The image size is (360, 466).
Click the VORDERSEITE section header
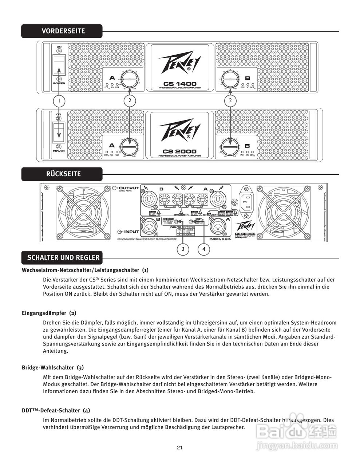tap(63, 31)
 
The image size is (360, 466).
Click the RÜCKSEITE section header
tap(63, 174)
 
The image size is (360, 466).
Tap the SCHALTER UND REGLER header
tap(63, 258)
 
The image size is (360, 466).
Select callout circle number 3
tap(183, 249)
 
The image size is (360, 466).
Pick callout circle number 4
tap(204, 249)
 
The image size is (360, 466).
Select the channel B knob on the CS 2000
tap(230, 146)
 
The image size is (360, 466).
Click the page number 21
tap(179, 447)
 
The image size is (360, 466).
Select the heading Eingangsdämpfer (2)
tap(49, 313)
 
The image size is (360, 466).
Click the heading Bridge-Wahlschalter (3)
tap(53, 367)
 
